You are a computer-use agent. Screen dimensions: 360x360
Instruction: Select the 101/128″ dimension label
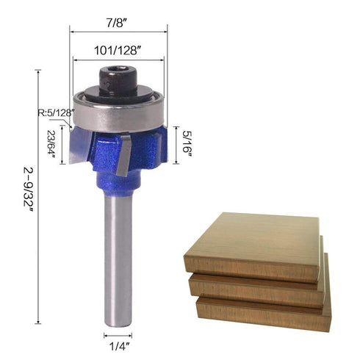(x=119, y=52)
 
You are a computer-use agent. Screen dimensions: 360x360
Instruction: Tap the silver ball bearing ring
(x=118, y=110)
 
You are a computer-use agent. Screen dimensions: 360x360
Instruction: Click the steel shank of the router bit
(x=118, y=257)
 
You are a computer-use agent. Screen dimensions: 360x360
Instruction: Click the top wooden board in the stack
(x=250, y=242)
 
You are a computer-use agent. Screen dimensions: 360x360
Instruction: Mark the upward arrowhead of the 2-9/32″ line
(x=37, y=71)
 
